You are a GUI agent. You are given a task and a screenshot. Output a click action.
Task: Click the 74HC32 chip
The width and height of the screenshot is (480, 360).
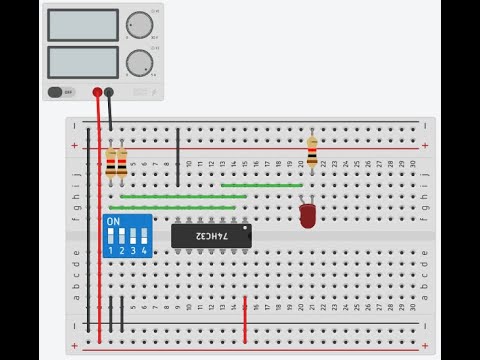212,235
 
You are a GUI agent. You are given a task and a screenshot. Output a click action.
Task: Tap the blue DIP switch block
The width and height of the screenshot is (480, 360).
127,236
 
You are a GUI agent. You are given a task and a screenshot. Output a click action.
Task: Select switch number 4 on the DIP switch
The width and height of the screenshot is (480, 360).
144,238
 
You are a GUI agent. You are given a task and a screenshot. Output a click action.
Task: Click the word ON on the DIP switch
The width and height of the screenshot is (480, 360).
113,221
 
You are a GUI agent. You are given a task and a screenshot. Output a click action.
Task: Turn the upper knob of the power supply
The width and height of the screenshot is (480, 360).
138,24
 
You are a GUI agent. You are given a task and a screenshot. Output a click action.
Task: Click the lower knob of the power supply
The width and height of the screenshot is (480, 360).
138,63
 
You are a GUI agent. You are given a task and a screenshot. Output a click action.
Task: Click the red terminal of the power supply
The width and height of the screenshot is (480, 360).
97,92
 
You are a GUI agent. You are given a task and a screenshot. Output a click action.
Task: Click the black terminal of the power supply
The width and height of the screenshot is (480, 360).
109,92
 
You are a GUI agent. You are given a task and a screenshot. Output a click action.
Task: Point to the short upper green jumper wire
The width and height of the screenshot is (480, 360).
261,185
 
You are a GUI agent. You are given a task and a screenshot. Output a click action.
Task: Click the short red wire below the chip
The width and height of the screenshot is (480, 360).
245,318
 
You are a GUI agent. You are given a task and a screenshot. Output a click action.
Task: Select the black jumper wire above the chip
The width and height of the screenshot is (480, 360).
178,156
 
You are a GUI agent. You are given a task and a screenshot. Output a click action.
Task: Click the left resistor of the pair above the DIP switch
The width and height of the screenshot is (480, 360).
110,162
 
